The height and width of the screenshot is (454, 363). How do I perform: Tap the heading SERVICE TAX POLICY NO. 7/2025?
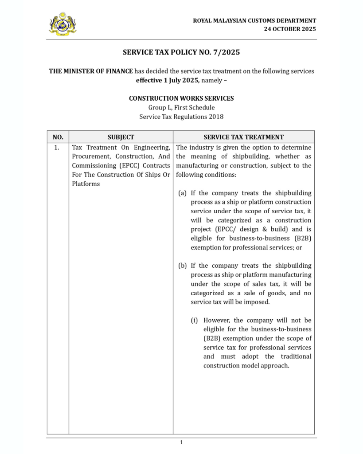click(x=181, y=52)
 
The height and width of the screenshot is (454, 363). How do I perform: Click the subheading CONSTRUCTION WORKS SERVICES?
click(x=181, y=98)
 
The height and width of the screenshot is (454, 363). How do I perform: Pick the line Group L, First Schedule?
click(x=181, y=108)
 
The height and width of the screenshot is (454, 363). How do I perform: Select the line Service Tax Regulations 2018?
click(x=181, y=117)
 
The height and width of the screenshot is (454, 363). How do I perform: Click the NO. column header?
click(x=58, y=137)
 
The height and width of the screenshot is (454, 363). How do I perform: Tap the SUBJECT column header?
click(x=121, y=137)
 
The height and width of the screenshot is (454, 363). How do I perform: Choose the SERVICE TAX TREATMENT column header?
click(x=243, y=137)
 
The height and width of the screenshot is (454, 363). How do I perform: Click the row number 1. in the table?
click(x=57, y=148)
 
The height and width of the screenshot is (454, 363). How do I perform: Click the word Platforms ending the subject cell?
click(x=86, y=184)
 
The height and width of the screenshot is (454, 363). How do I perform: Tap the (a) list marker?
click(x=182, y=193)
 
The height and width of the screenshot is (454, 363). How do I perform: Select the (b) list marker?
click(x=183, y=266)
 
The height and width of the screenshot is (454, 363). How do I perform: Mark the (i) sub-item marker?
click(x=195, y=320)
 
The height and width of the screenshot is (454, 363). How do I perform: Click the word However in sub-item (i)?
click(x=217, y=320)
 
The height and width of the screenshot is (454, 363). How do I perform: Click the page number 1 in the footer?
click(x=181, y=442)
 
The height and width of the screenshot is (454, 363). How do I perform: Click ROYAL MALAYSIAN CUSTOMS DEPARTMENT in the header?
click(x=254, y=20)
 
